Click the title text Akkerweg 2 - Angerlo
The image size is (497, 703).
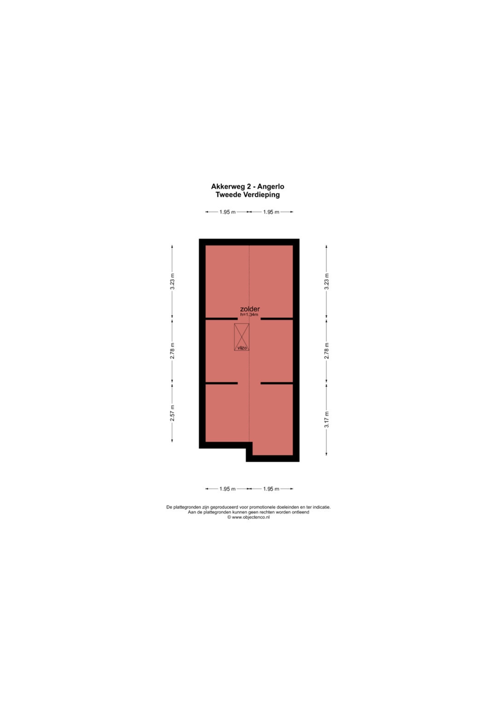coord(248,186)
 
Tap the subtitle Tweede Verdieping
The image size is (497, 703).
coord(248,195)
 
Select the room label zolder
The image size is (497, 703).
coord(250,309)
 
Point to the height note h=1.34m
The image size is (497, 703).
coord(249,314)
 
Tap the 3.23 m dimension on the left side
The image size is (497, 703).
coord(172,281)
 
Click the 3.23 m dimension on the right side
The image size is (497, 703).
coord(327,281)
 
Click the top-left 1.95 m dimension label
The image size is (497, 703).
coord(227,212)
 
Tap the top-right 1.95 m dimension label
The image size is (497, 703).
coord(271,212)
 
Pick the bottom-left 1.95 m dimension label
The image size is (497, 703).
coord(227,489)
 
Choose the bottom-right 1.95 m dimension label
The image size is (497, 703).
coord(271,489)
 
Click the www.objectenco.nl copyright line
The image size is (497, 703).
coord(248,517)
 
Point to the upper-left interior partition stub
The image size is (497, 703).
coord(222,319)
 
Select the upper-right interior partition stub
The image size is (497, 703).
coord(277,319)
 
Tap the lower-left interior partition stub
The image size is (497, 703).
coord(222,383)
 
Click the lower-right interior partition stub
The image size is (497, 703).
coord(277,383)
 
